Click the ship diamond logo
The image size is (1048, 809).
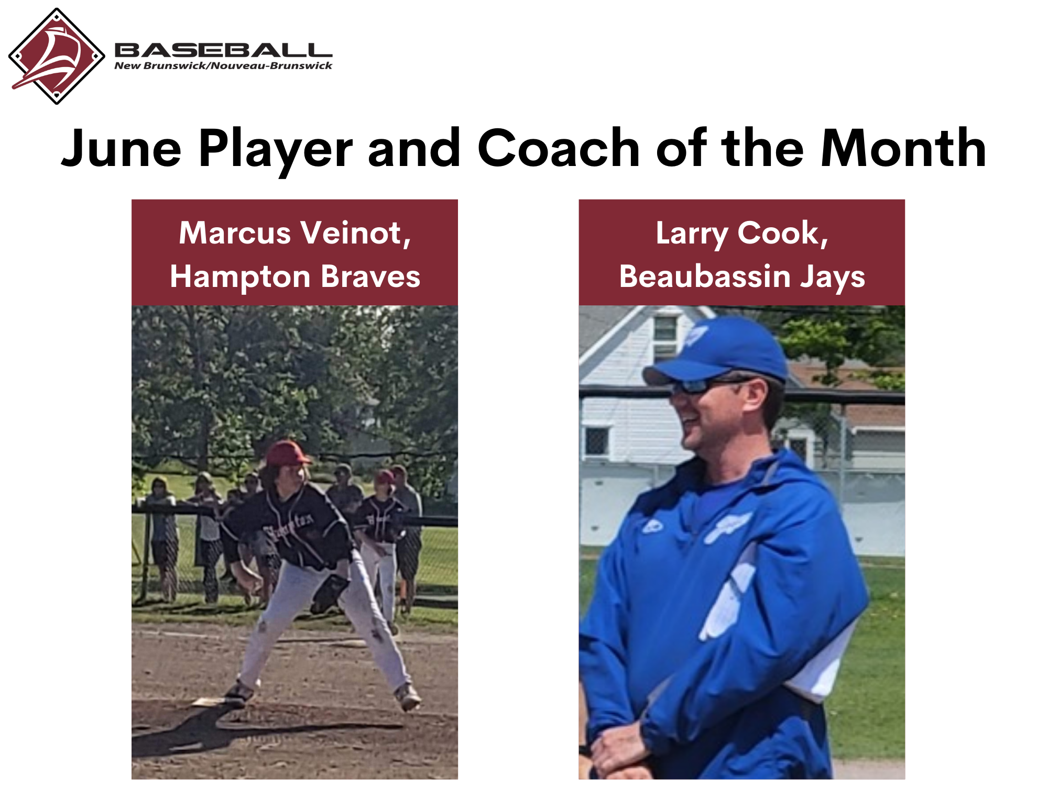57,56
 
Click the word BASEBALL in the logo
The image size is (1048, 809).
223,50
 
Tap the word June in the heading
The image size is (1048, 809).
121,150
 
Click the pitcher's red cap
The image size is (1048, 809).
287,453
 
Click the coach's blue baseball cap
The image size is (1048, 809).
716,351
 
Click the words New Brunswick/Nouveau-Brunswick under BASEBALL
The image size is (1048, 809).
223,66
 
